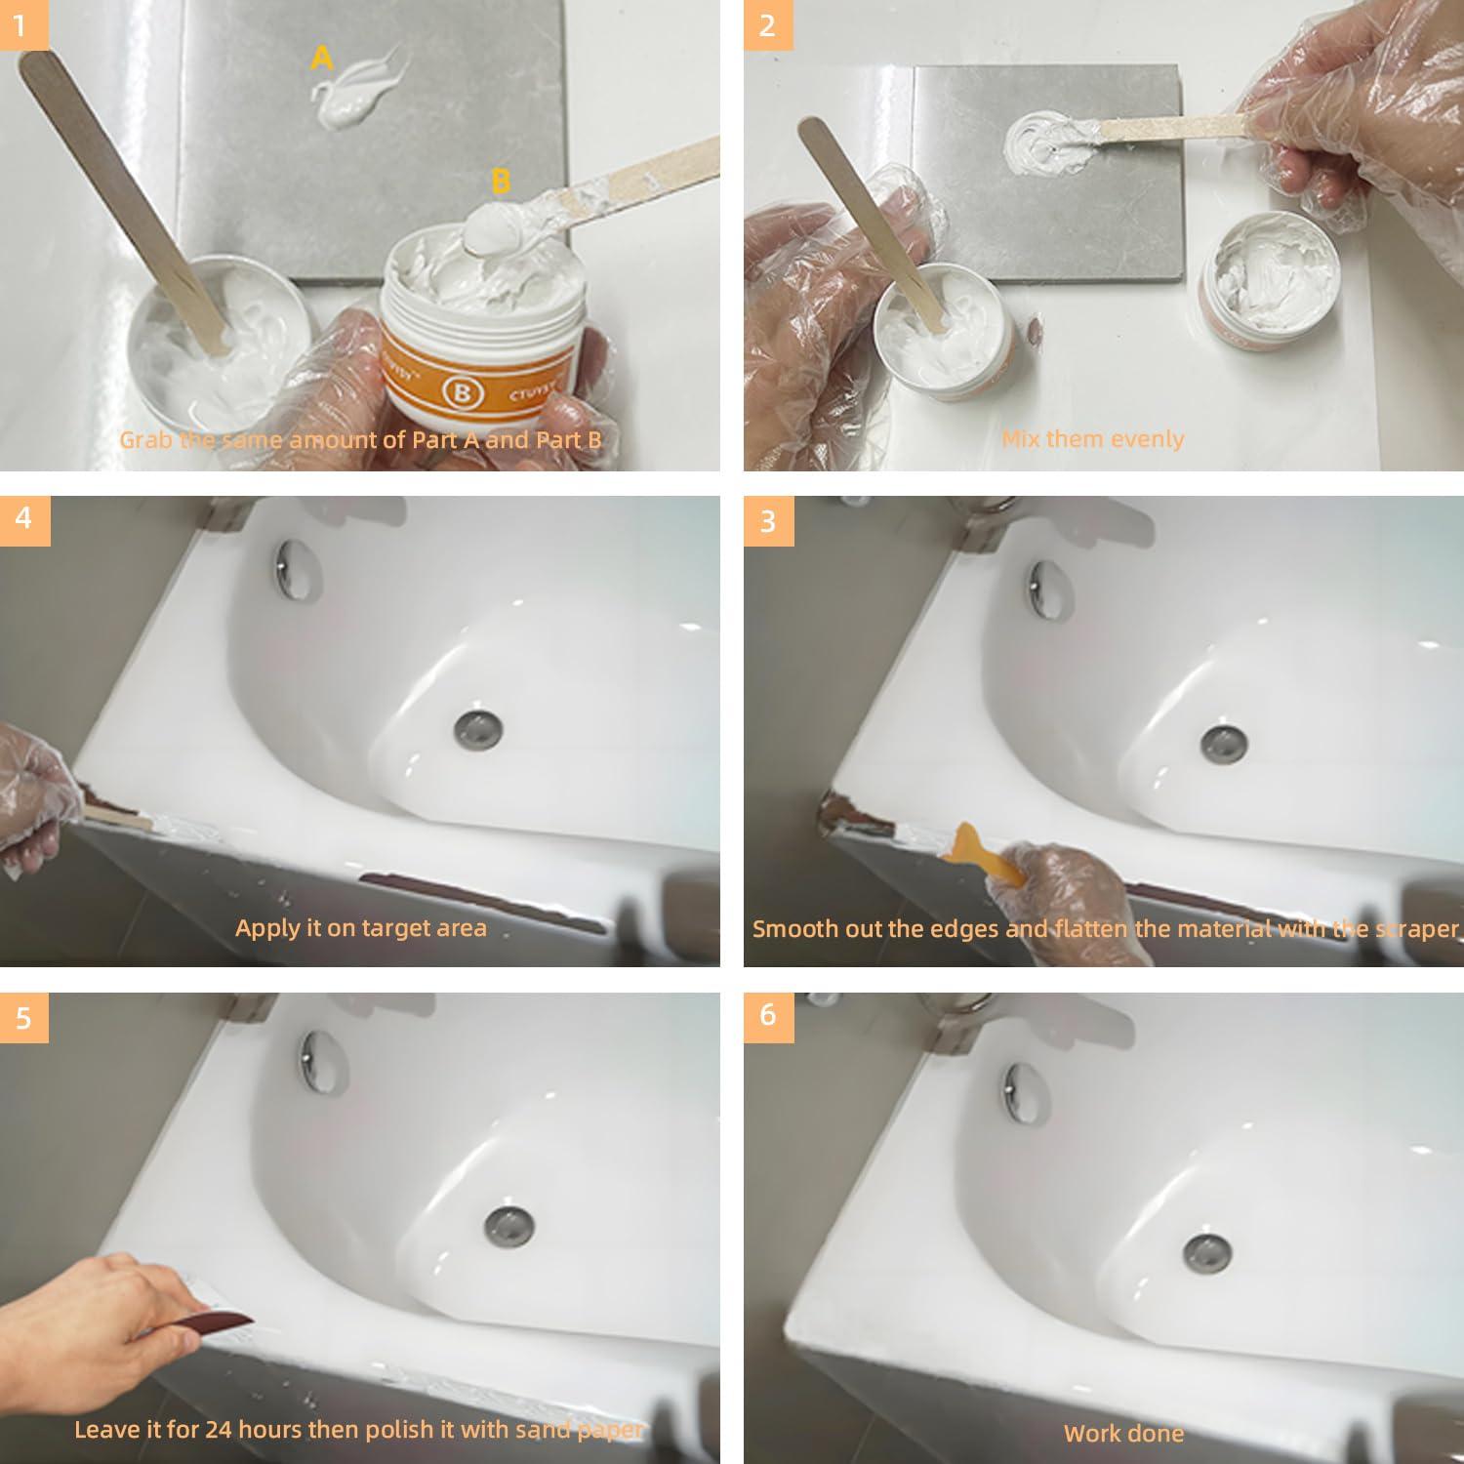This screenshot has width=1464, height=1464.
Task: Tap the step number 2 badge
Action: [x=767, y=24]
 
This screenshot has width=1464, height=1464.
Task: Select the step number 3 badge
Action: [x=767, y=520]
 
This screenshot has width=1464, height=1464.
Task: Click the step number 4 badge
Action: [x=23, y=517]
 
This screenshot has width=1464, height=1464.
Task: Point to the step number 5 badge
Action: [x=23, y=1017]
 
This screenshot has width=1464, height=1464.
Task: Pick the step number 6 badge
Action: [x=767, y=1015]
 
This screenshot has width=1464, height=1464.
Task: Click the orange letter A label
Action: [x=321, y=59]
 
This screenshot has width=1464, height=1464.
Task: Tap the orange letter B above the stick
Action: [x=501, y=182]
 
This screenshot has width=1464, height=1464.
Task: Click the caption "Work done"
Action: [x=1123, y=1433]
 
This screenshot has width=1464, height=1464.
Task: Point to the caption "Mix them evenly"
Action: [x=1092, y=439]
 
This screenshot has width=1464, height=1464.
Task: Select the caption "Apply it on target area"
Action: [x=360, y=927]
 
